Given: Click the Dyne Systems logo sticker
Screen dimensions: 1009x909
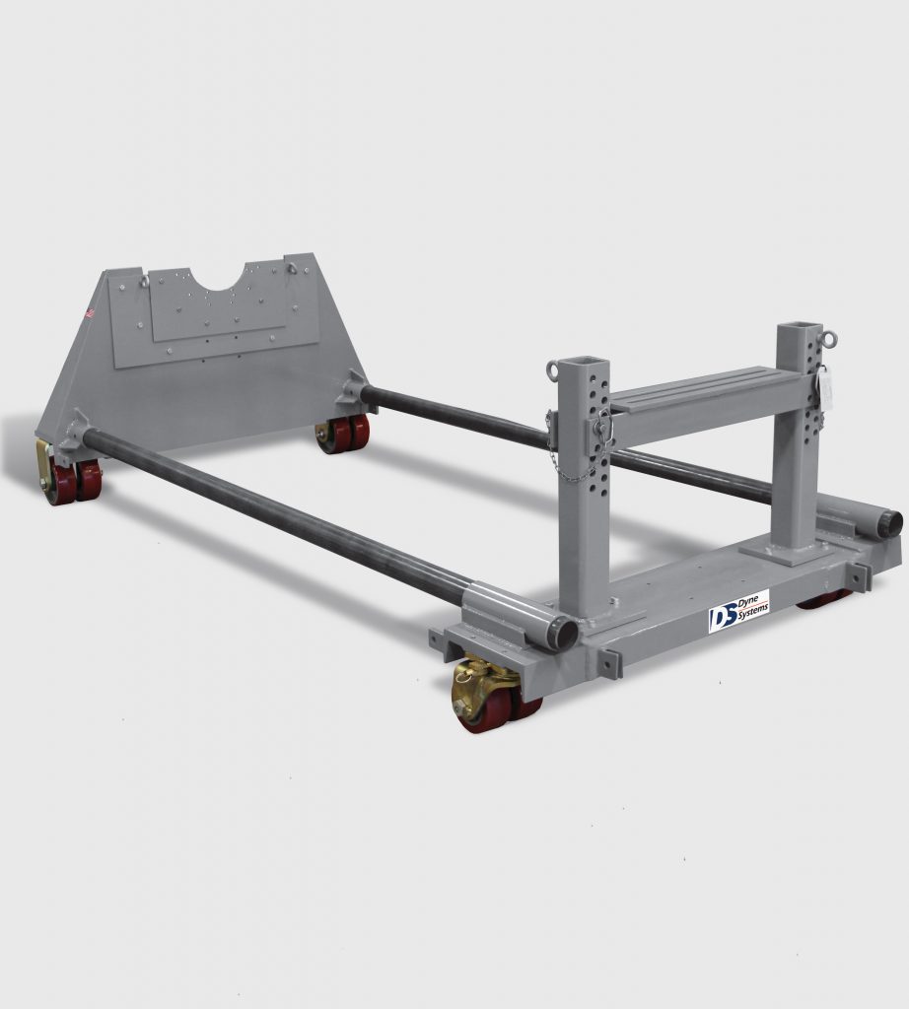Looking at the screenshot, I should tap(737, 611).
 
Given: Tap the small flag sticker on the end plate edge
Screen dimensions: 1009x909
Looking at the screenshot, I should tap(89, 313).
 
